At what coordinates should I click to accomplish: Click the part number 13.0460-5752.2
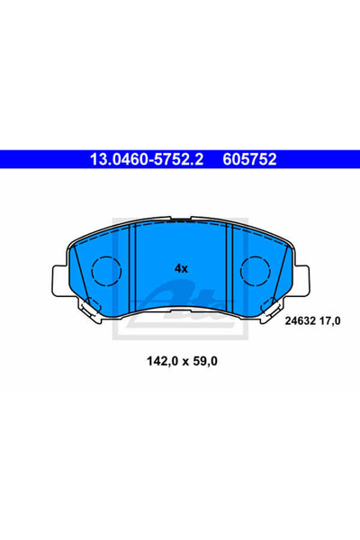[x=147, y=159]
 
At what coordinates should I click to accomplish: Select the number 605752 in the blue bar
[x=249, y=159]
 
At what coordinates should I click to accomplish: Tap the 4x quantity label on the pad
[x=181, y=268]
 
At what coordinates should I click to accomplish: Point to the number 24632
[x=301, y=321]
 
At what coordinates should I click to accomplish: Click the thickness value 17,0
[x=329, y=321]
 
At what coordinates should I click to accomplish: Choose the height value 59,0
[x=204, y=361]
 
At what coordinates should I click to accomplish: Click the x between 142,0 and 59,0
[x=184, y=362]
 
